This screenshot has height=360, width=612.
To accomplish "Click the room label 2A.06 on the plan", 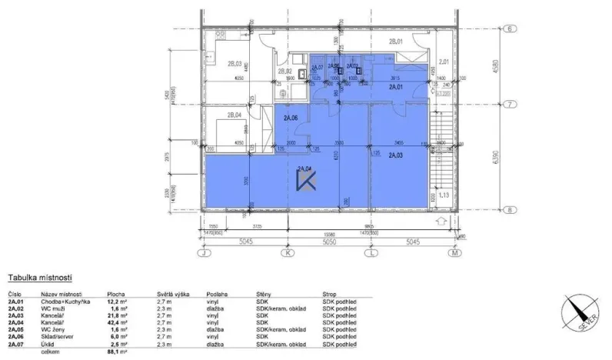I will coord(290,118).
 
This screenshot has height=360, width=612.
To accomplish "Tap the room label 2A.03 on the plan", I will coord(396,155).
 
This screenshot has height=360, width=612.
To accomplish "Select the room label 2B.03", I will coord(234,64).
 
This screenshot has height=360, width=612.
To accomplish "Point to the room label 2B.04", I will coord(234,118).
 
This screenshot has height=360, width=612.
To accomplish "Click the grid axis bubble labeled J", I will coord(204,252).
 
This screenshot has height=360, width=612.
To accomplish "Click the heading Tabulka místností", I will coord(39,276).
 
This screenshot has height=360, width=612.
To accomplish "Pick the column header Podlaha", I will coord(218,294).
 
